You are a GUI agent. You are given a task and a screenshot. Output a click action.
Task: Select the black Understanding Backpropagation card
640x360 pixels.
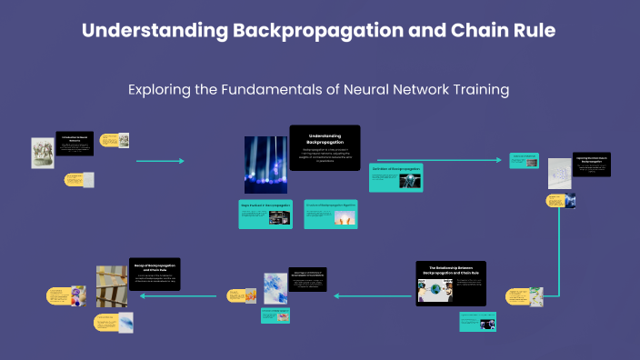(325, 146)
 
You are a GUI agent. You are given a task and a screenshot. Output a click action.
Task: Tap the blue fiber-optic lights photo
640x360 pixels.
(265, 165)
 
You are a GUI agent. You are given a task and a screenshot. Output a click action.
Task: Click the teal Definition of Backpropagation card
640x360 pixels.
(395, 177)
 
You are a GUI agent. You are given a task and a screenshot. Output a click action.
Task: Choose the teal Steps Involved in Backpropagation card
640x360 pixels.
(265, 215)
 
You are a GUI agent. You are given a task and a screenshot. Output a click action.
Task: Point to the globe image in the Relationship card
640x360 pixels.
(435, 291)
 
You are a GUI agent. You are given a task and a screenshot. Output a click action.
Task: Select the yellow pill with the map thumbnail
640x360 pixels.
(525, 296)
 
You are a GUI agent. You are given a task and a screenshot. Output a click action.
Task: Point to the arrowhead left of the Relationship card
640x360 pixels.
(336, 295)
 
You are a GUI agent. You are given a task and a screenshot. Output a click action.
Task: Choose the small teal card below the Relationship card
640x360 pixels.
(476, 320)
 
